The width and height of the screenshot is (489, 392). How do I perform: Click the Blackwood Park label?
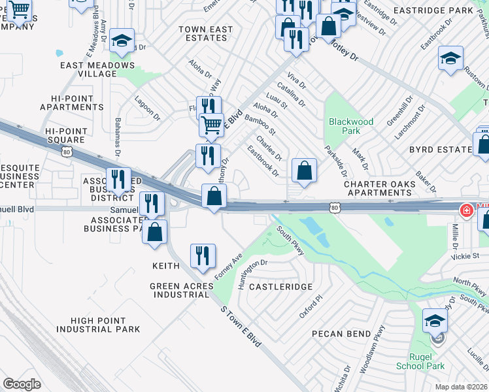(x=351, y=126)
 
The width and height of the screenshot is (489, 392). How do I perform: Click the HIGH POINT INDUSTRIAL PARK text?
(x=106, y=325)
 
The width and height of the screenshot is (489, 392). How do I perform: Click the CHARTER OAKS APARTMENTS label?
(x=380, y=188)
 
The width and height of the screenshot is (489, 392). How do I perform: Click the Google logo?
(x=22, y=384)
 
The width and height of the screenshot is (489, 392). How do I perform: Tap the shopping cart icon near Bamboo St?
(x=211, y=123)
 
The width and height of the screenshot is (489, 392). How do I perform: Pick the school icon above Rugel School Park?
(x=435, y=320)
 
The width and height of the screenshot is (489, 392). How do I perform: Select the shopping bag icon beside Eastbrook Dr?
(x=305, y=171)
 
